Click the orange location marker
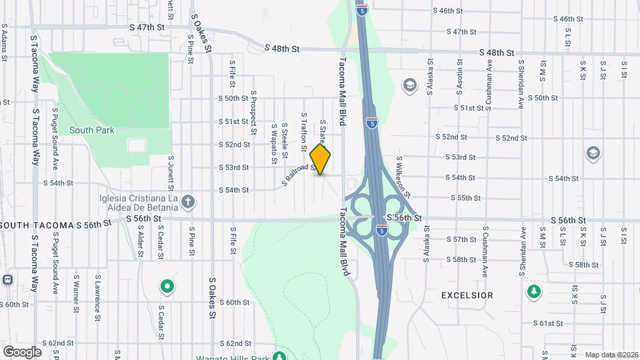click(321, 159)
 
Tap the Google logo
click(22, 351)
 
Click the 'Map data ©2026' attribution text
click(610, 355)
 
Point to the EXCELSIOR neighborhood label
click(467, 295)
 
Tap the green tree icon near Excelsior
click(533, 291)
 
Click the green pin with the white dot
click(167, 287)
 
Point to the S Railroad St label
click(301, 175)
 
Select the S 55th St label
click(465, 198)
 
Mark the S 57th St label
click(461, 239)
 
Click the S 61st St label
click(548, 323)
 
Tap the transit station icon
click(9, 279)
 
